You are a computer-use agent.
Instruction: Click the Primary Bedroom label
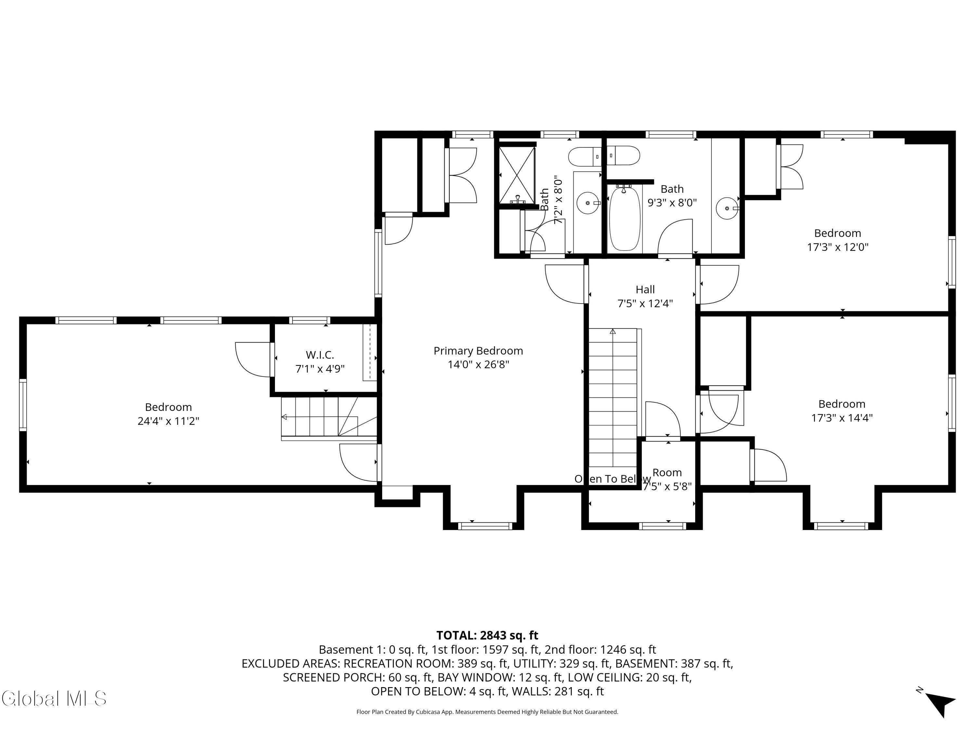pos(478,351)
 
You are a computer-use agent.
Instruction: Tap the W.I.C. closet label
pos(320,355)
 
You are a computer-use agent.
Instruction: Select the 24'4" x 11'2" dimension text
pos(168,421)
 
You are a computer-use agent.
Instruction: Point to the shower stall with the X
pos(517,175)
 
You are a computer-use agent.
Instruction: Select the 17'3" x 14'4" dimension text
pos(842,418)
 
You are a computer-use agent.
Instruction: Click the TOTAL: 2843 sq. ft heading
pos(487,635)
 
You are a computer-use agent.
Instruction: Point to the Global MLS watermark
pos(54,698)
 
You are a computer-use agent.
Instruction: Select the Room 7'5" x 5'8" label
pos(667,479)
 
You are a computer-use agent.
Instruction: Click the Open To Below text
pos(612,479)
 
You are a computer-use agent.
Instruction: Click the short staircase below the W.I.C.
pos(328,417)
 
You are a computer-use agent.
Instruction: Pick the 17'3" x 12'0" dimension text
pos(838,247)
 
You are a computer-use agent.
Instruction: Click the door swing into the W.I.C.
pos(253,359)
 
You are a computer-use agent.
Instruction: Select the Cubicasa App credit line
pos(487,712)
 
